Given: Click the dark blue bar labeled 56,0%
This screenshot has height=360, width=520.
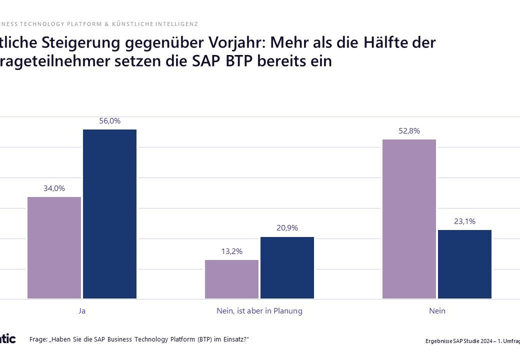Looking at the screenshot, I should click(x=109, y=214).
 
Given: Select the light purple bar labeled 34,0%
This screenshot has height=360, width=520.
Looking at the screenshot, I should click(x=54, y=247).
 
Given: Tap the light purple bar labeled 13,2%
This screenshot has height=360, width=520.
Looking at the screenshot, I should click(x=231, y=279).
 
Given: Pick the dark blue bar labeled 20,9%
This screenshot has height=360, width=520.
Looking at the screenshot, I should click(x=287, y=267).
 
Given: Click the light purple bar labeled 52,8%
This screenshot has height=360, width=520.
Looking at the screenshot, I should click(x=409, y=219).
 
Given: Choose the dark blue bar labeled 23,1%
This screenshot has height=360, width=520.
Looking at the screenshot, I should click(x=464, y=264).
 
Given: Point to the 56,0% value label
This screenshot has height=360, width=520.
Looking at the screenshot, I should click(x=109, y=121).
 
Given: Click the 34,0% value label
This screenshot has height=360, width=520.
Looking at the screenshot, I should click(x=54, y=188).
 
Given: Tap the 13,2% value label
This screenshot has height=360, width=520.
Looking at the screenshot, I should click(x=231, y=251).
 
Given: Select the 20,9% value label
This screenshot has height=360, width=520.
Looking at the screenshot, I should click(x=287, y=228).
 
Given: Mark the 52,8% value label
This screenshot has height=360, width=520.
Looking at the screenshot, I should click(x=409, y=131).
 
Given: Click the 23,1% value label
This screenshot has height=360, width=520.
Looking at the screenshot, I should click(x=464, y=221).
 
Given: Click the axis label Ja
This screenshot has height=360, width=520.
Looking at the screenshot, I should click(x=82, y=311).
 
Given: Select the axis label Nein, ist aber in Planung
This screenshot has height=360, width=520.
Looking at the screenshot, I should click(x=259, y=311).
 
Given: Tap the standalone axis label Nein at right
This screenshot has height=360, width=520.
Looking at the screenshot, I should click(x=437, y=311).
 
